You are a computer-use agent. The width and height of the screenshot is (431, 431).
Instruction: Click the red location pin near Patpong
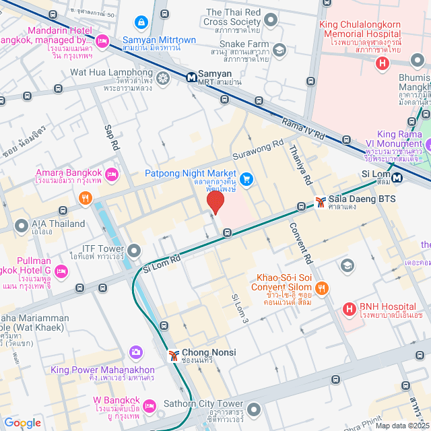(215, 203)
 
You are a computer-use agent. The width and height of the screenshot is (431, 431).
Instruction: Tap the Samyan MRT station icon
(192, 77)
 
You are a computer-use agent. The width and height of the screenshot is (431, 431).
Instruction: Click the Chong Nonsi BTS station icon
(173, 354)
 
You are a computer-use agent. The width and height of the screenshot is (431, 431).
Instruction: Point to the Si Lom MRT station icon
(398, 178)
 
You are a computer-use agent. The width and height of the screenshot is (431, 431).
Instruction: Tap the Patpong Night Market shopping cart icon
(247, 178)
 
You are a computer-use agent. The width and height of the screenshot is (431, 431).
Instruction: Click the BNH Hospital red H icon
(350, 309)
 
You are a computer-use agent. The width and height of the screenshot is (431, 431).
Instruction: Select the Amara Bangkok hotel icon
(112, 174)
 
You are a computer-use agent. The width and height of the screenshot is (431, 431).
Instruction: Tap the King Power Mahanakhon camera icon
(136, 352)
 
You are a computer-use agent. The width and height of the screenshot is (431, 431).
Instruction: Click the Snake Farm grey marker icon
(279, 51)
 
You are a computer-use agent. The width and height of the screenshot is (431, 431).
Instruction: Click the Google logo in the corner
(22, 422)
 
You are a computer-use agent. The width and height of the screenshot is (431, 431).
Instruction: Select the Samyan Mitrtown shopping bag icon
(141, 22)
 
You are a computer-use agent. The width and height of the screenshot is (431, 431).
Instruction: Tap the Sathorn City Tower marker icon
(254, 409)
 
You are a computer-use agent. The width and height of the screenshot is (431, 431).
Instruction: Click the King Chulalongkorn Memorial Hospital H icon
(383, 64)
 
